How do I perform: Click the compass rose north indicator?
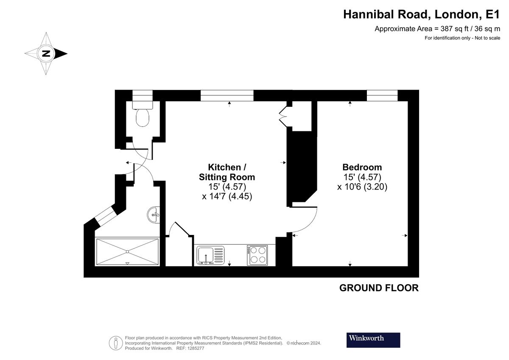(46, 54)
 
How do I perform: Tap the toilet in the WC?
(143, 116)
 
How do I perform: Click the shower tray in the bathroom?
(127, 252)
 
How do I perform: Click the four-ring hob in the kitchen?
(257, 255)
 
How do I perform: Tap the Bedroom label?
(362, 167)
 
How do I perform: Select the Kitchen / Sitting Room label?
(227, 171)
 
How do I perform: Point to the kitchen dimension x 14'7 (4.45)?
(227, 196)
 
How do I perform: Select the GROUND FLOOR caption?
(379, 288)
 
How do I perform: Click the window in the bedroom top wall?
(382, 95)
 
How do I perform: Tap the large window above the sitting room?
(227, 95)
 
